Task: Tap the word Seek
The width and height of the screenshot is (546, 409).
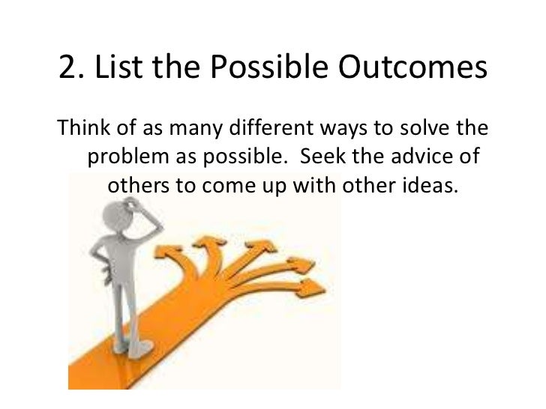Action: [x=322, y=157]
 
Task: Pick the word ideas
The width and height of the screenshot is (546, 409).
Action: [x=430, y=184]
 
